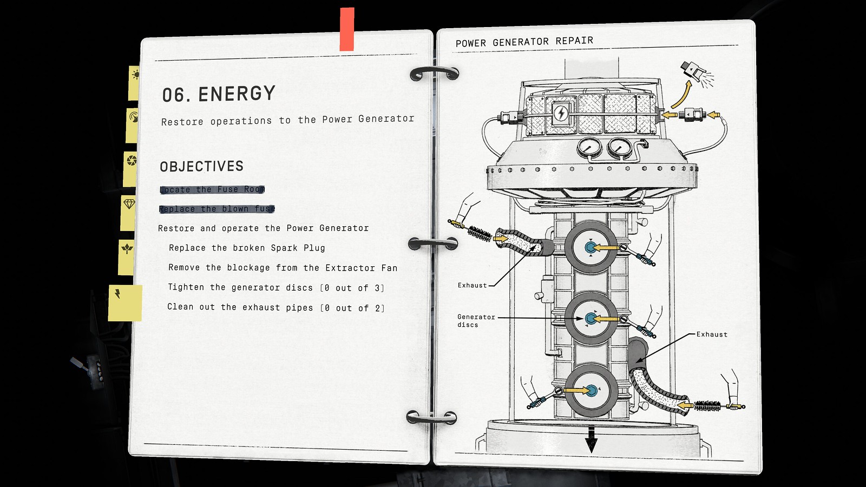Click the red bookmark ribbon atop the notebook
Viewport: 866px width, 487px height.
347,29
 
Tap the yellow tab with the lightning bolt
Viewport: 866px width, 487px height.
125,302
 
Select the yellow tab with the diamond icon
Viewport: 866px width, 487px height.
128,213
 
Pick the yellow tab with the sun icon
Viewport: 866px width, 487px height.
134,83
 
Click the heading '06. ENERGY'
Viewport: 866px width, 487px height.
219,94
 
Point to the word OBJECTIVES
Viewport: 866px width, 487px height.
201,166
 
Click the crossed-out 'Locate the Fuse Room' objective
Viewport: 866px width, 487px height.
212,189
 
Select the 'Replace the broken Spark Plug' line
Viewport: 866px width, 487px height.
247,248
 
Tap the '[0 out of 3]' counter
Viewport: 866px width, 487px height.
352,288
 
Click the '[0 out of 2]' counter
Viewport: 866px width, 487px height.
352,308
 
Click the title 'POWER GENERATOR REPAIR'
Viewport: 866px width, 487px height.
524,42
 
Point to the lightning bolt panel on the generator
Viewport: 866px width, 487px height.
561,113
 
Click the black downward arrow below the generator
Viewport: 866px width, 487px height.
591,439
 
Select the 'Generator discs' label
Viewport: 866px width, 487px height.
476,321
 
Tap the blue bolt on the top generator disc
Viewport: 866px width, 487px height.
590,247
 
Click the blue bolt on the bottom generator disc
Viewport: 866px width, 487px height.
591,391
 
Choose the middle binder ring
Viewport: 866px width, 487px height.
433,243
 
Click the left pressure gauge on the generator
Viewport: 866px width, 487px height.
589,148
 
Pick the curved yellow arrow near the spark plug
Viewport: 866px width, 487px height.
681,94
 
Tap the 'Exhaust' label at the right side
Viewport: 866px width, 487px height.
712,334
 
